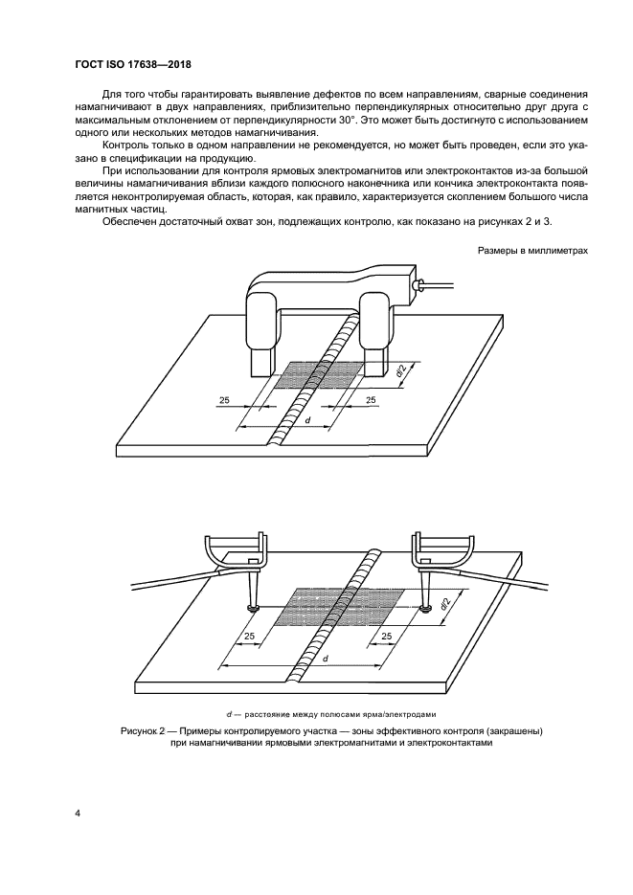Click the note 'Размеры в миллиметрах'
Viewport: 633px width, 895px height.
click(531, 251)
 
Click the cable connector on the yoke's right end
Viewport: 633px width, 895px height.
click(418, 285)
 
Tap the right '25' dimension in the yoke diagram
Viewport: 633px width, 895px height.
click(370, 400)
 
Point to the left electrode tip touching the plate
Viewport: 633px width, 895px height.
click(252, 608)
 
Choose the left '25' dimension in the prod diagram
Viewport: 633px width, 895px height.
click(250, 637)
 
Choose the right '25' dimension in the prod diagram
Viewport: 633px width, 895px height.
click(388, 637)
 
